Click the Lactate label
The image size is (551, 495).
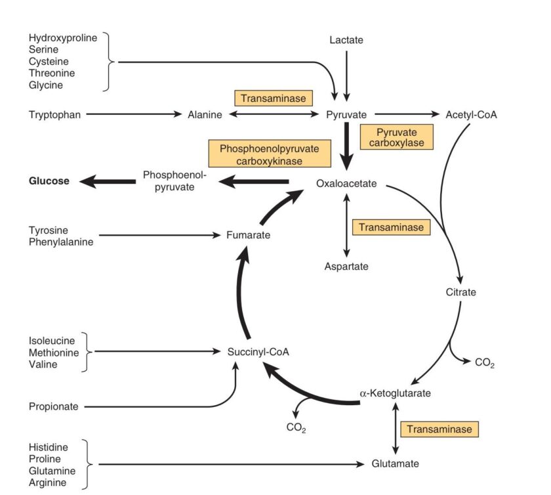click(x=346, y=40)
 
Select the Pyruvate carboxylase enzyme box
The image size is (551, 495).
click(x=396, y=136)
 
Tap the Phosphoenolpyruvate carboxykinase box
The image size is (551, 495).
click(x=269, y=154)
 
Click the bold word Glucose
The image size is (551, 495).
click(x=49, y=181)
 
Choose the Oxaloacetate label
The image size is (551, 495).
click(x=346, y=184)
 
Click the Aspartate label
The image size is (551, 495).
click(x=346, y=267)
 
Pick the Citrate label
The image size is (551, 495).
click(x=460, y=291)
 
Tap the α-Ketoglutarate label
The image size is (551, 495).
click(x=395, y=393)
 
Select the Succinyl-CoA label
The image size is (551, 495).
click(x=258, y=352)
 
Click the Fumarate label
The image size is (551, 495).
click(x=248, y=234)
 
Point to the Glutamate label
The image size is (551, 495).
click(x=395, y=463)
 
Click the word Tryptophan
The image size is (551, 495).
click(x=54, y=114)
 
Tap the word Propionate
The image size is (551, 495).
click(x=53, y=406)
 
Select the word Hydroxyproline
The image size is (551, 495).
click(x=62, y=37)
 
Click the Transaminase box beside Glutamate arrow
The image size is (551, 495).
click(x=439, y=429)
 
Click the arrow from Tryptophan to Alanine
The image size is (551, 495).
click(x=134, y=114)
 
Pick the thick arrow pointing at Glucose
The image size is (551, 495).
click(x=104, y=182)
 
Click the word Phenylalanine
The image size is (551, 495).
click(x=60, y=242)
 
